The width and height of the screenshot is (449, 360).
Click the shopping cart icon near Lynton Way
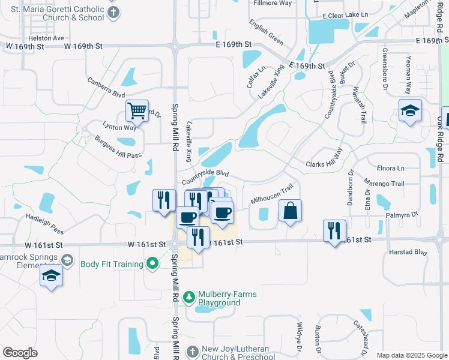pyautogui.click(x=137, y=110)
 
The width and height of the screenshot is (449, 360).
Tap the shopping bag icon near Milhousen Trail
pyautogui.click(x=290, y=211)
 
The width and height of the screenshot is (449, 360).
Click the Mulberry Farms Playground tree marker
pyautogui.click(x=188, y=298)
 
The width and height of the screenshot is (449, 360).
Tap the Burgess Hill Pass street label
pyautogui.click(x=118, y=147)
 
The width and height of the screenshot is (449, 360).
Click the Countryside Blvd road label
pyautogui.click(x=206, y=176)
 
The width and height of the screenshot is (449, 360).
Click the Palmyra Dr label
pyautogui.click(x=403, y=214)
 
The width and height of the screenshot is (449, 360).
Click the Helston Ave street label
pyautogui.click(x=50, y=38)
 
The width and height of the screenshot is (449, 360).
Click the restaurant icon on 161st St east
pyautogui.click(x=334, y=230)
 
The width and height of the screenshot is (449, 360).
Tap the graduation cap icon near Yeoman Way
pyautogui.click(x=410, y=110)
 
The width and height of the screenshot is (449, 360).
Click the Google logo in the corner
pyautogui.click(x=20, y=353)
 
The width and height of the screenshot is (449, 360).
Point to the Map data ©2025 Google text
pyautogui.click(x=411, y=355)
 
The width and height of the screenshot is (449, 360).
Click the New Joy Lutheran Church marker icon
pyautogui.click(x=192, y=350)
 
